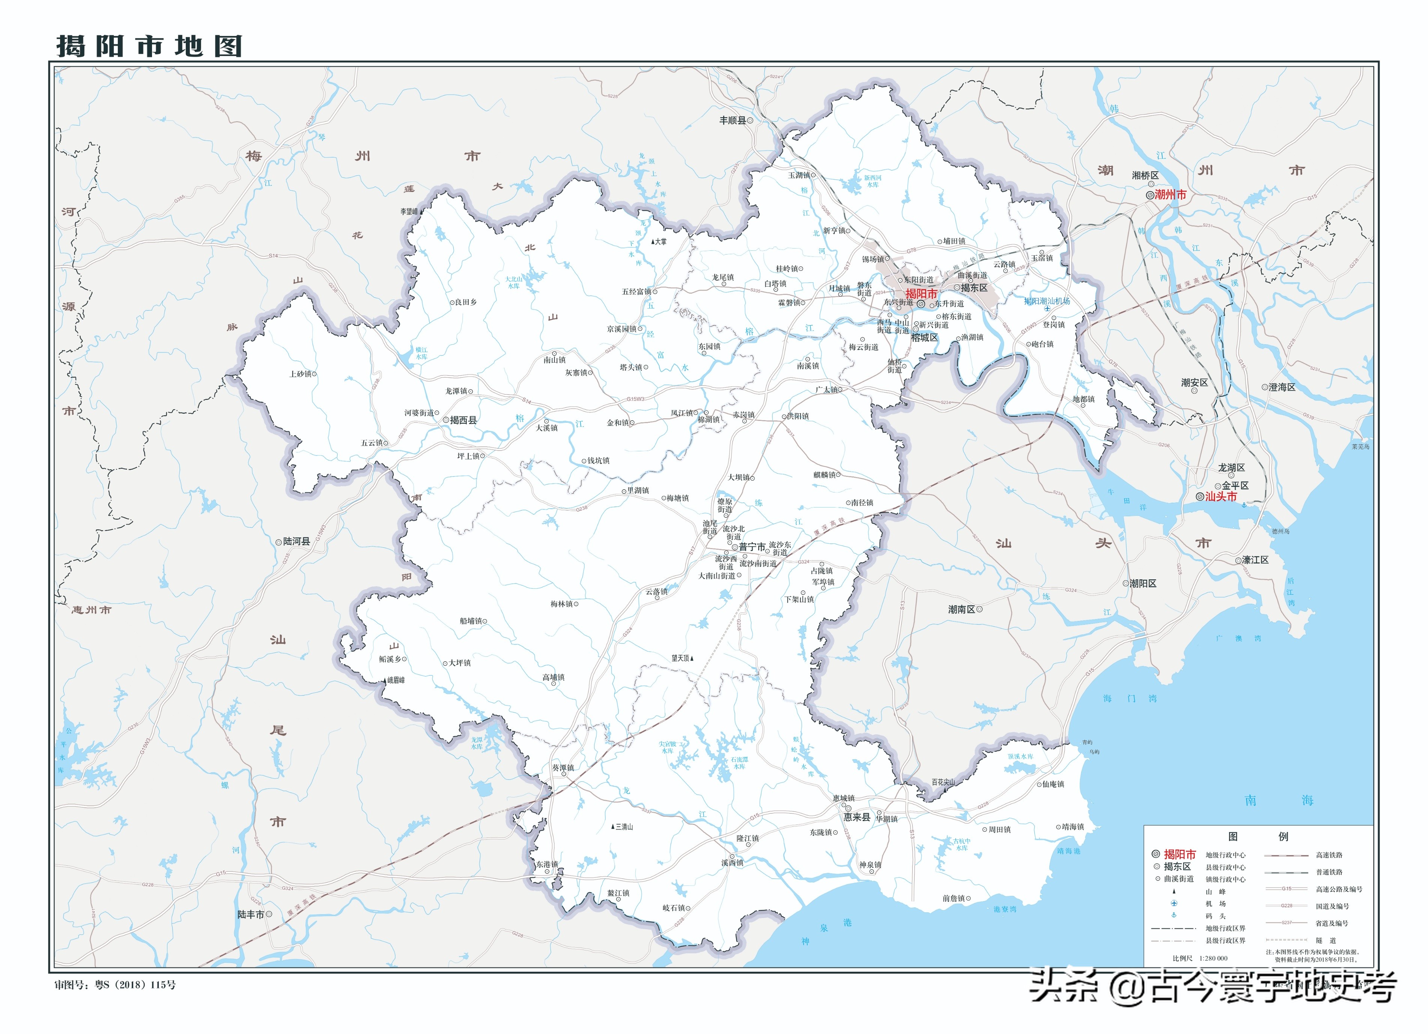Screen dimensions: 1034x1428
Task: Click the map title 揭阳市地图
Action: click(149, 46)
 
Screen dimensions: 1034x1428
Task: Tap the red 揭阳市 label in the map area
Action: click(921, 294)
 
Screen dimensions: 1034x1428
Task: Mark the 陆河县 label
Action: click(296, 541)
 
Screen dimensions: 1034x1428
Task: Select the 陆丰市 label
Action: click(251, 914)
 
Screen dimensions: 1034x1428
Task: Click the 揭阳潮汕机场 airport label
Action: click(1046, 301)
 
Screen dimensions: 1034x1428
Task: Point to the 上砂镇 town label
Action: click(300, 374)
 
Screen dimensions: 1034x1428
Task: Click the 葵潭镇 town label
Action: click(563, 768)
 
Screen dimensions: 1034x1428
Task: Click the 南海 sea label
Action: click(1279, 800)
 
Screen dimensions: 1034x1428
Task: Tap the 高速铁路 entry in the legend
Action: click(1329, 855)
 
